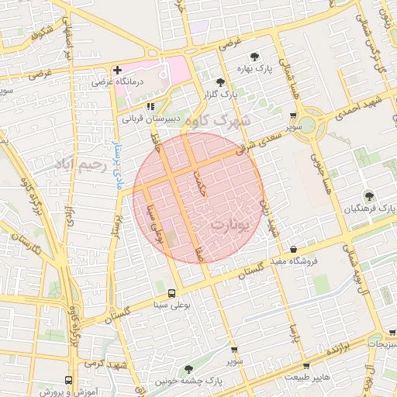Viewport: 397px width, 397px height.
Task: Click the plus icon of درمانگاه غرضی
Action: pyautogui.click(x=117, y=70)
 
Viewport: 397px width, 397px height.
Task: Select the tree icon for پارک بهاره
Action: pyautogui.click(x=255, y=56)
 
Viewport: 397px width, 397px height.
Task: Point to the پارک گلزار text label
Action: pyautogui.click(x=218, y=94)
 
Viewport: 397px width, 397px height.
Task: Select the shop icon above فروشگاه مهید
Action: pyautogui.click(x=293, y=249)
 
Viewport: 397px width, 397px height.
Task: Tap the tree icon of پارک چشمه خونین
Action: pyautogui.click(x=188, y=369)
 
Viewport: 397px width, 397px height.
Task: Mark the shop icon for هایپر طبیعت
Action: pyautogui.click(x=306, y=365)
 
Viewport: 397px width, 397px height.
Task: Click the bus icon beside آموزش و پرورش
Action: pyautogui.click(x=69, y=381)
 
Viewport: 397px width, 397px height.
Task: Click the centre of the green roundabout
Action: pyautogui.click(x=307, y=125)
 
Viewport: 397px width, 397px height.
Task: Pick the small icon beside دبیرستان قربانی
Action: pyautogui.click(x=150, y=106)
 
